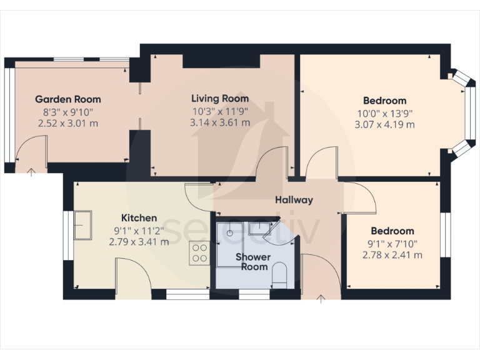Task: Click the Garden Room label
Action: click(67, 99)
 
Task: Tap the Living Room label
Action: click(219, 98)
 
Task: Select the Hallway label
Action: click(294, 200)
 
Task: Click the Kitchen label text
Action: click(139, 217)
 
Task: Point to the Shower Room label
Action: click(252, 262)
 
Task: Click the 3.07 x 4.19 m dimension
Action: click(384, 124)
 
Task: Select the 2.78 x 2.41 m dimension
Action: click(392, 254)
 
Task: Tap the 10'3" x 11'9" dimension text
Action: click(219, 111)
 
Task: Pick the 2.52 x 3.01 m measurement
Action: click(67, 123)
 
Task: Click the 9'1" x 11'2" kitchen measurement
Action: click(139, 229)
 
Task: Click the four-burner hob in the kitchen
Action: click(199, 254)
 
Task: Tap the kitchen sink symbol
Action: click(83, 225)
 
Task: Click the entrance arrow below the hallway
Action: click(321, 299)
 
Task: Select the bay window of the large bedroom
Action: click(463, 112)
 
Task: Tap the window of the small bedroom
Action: click(446, 234)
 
